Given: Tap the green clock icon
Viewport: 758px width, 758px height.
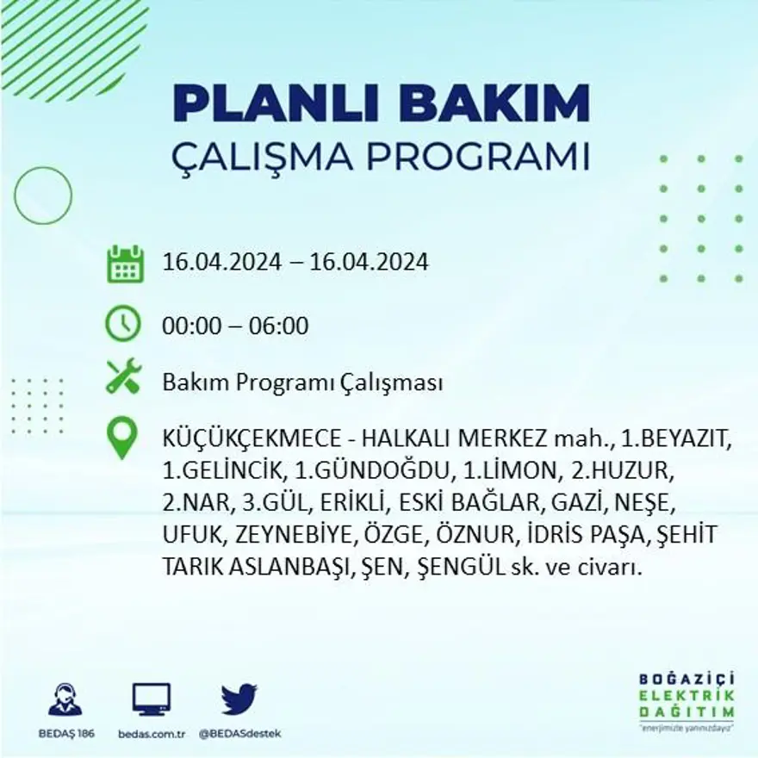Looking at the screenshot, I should click(x=123, y=324).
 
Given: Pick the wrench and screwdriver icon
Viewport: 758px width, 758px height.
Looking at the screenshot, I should click(x=123, y=378).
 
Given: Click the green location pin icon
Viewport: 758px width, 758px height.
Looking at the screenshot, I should click(x=123, y=438).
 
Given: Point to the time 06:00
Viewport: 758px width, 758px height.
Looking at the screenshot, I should click(x=280, y=326).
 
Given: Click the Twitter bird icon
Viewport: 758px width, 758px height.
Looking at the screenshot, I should click(x=239, y=699).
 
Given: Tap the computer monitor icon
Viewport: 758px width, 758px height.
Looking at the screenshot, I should click(x=152, y=699).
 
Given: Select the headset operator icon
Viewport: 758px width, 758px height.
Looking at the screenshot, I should click(x=65, y=699).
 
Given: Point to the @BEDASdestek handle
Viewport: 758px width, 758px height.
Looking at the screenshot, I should click(x=239, y=733).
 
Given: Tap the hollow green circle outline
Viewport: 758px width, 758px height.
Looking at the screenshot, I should click(x=43, y=196).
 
